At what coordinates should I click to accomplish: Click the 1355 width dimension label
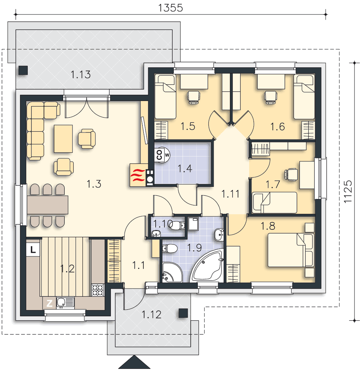170,8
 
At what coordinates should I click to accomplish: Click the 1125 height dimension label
347,191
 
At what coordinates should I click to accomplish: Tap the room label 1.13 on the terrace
81,75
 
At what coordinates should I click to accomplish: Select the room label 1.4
185,168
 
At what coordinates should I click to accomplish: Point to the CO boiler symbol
162,155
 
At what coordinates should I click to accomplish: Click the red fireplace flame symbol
138,175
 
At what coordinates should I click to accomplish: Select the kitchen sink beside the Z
65,303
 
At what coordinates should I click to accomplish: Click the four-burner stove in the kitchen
98,290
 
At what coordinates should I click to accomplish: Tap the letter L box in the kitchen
33,249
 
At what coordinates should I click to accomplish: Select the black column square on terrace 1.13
23,70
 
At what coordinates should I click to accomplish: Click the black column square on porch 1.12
183,313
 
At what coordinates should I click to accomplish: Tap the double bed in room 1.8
291,250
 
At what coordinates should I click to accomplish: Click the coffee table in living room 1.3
63,139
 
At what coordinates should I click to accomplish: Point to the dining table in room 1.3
47,205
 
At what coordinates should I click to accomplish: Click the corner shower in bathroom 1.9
172,272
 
